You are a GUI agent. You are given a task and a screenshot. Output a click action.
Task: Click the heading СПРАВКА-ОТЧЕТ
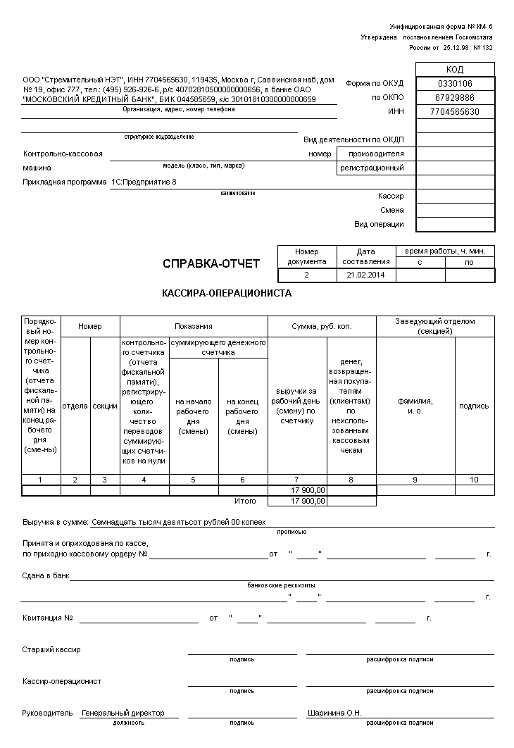click(x=211, y=264)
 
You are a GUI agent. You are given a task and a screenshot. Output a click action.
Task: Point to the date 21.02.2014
click(x=366, y=275)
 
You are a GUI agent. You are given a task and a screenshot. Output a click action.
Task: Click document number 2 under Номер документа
click(x=307, y=275)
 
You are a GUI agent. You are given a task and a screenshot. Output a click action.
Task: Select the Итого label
click(x=246, y=501)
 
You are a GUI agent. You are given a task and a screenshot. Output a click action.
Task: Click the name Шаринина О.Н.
click(x=334, y=713)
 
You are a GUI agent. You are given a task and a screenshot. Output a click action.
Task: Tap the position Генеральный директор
click(x=123, y=713)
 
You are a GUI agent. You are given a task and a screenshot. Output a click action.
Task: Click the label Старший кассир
click(x=51, y=649)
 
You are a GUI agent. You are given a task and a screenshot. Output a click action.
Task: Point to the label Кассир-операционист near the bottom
click(x=62, y=681)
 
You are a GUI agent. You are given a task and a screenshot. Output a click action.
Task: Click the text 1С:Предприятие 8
click(x=144, y=182)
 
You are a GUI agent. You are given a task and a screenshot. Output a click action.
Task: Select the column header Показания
click(x=194, y=327)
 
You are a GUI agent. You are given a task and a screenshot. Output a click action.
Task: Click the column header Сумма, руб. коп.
click(x=322, y=327)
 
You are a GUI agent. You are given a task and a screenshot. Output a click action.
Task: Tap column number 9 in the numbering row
click(x=415, y=480)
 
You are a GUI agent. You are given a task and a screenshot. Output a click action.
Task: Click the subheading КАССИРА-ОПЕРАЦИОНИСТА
click(x=227, y=294)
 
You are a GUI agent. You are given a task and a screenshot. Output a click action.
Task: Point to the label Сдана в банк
click(x=46, y=575)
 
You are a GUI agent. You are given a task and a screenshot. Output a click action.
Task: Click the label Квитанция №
click(x=48, y=618)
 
